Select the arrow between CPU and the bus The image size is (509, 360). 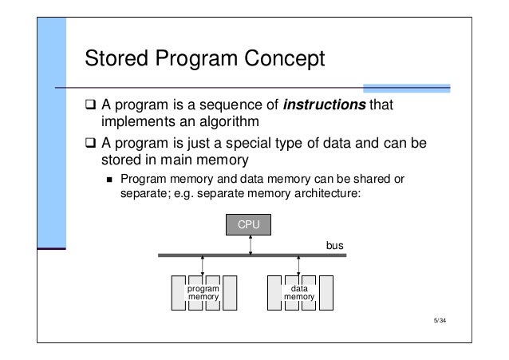tap(251, 245)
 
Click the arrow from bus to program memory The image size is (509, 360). tap(203, 268)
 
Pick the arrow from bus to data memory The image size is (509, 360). tap(298, 268)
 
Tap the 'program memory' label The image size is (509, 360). tap(203, 292)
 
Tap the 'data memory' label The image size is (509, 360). tap(299, 292)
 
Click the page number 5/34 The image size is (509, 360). tap(440, 322)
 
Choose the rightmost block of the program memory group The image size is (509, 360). tap(231, 292)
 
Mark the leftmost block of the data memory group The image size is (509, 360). tap(272, 292)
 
